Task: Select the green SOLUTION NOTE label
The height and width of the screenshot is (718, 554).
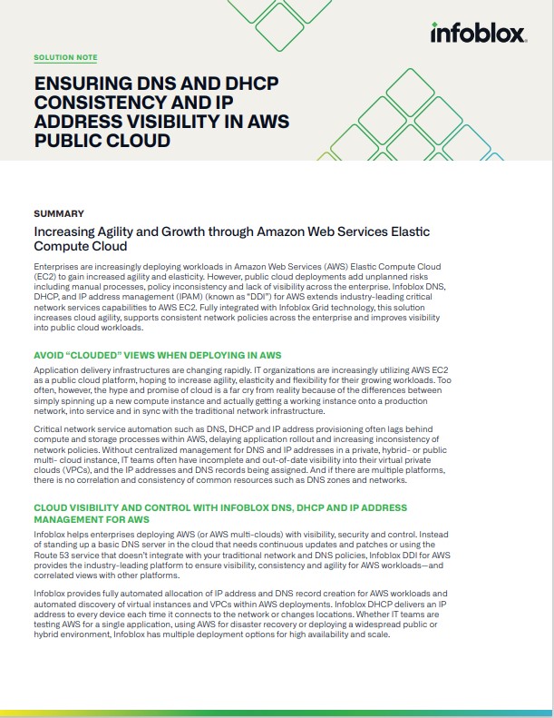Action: click(65, 57)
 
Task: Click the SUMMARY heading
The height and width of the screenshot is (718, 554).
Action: click(59, 213)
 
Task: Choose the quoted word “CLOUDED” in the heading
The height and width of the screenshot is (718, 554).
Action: click(106, 354)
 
